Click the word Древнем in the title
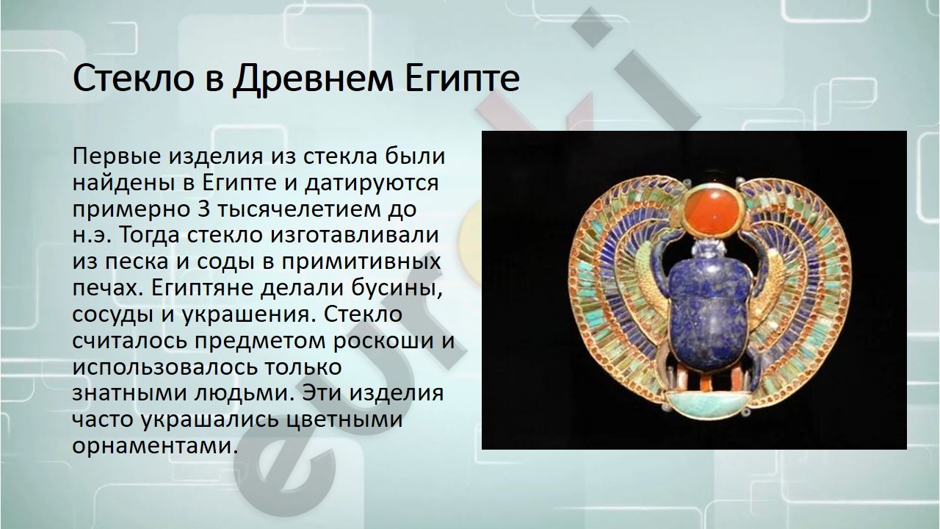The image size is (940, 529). click(x=313, y=79)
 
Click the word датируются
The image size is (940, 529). click(x=372, y=184)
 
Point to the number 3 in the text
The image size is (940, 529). click(x=203, y=209)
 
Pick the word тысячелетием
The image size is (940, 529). click(x=301, y=209)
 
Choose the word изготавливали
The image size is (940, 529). click(x=354, y=236)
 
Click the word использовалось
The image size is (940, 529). click(x=164, y=367)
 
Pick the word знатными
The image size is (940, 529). click(x=130, y=393)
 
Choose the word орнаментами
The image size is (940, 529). click(x=153, y=446)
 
